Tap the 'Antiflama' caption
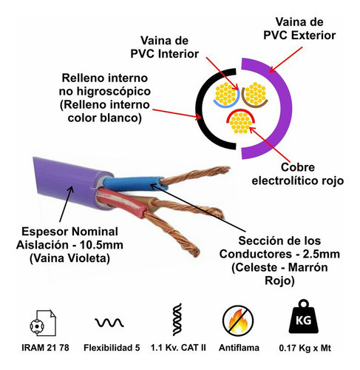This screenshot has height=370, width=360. click(x=238, y=349)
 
